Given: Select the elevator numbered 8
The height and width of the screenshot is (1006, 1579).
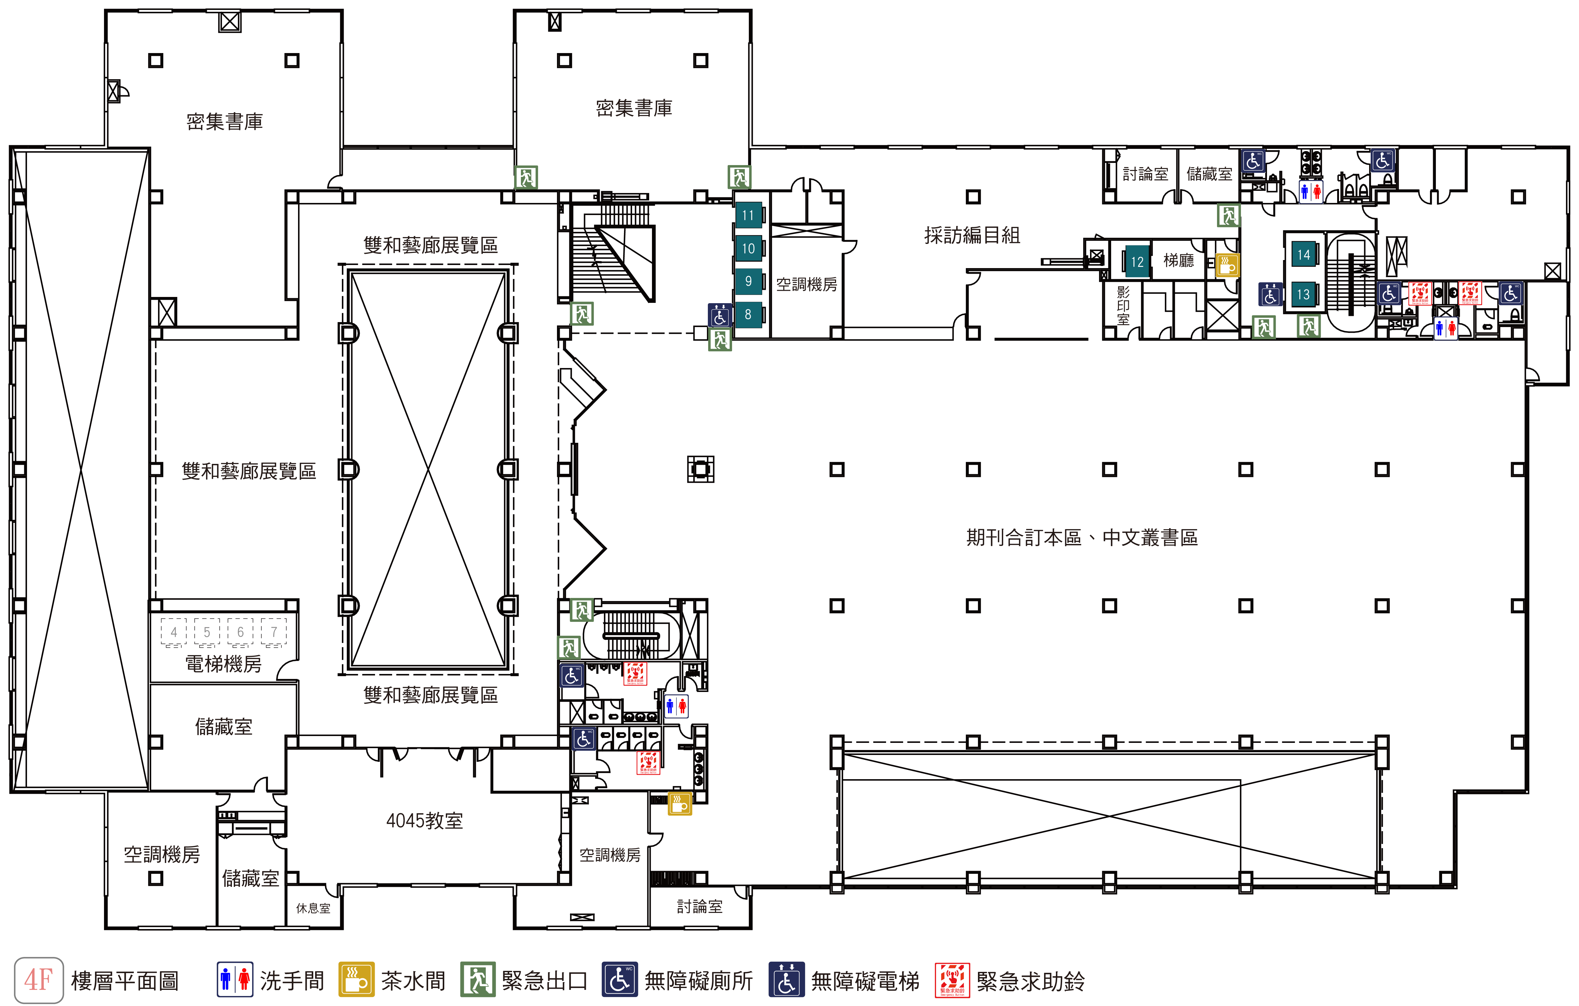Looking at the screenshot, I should [748, 315].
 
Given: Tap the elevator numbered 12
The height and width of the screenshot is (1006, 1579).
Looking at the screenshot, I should [1137, 262].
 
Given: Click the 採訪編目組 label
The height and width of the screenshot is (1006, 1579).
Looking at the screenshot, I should [972, 235].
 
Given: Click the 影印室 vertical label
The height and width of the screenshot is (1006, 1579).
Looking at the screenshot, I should [1123, 305].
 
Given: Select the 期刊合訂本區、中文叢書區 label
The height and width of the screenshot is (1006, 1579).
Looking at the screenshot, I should [1082, 537].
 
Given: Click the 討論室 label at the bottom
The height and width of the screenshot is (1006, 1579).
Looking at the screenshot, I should [700, 906].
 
